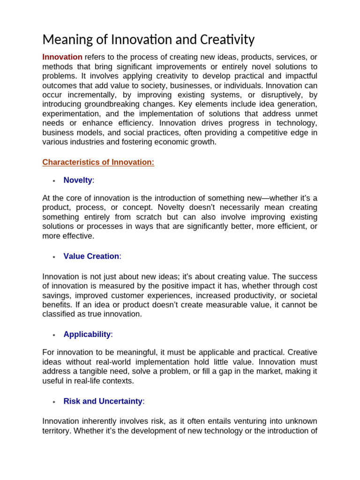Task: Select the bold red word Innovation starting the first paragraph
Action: (x=62, y=57)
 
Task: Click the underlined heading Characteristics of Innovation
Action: (x=98, y=162)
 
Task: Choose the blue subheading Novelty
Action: (x=78, y=180)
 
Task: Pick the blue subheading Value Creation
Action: (x=91, y=256)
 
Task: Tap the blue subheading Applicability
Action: (x=87, y=335)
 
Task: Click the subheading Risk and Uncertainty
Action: (x=103, y=401)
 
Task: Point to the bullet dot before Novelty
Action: (x=54, y=181)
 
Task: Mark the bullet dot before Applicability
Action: (x=54, y=335)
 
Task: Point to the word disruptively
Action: (x=274, y=95)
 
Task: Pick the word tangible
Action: (x=91, y=371)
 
